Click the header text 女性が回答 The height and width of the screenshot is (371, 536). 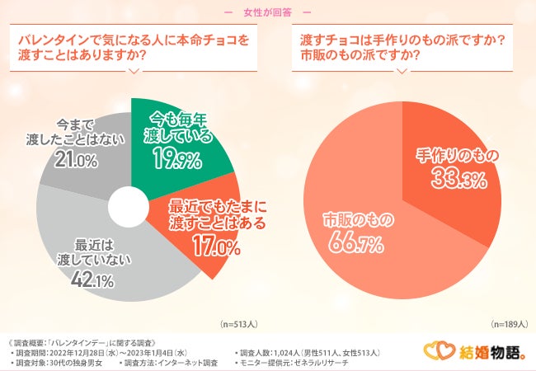(x=267, y=12)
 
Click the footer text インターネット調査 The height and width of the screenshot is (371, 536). (x=189, y=363)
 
